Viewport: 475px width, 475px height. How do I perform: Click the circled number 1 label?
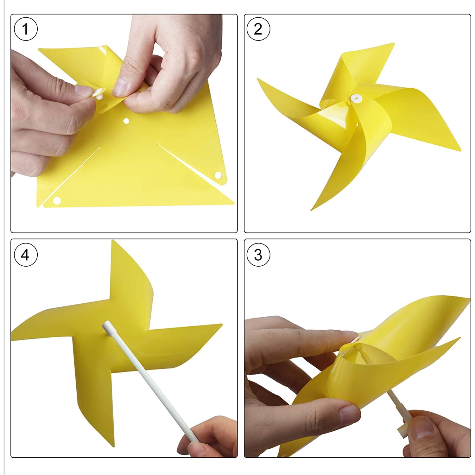pos(26,29)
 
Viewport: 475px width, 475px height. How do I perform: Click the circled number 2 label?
pos(258,29)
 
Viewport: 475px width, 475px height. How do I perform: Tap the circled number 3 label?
pos(258,255)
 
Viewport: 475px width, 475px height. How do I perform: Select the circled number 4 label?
pos(26,255)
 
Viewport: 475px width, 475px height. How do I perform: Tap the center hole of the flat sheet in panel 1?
pos(126,121)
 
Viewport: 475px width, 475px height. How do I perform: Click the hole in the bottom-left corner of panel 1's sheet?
pos(57,200)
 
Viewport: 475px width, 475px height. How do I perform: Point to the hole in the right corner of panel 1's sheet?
pos(218,175)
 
